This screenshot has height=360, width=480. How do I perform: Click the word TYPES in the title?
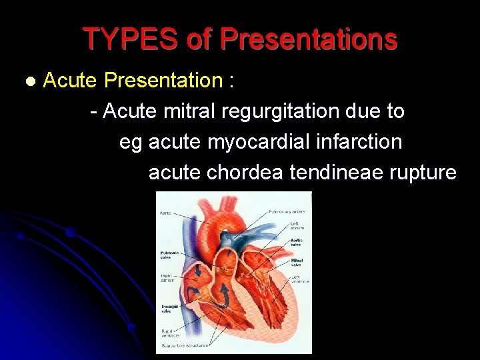coord(130,39)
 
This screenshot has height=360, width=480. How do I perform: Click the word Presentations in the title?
coord(309,39)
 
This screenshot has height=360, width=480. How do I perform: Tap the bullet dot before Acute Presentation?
coord(29,81)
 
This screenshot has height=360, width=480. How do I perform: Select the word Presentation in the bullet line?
coord(163,81)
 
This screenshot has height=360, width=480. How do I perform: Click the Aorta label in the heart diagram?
coord(166,213)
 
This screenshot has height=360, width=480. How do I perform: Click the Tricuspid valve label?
coord(169,309)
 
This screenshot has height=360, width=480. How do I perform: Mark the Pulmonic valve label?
coord(169,255)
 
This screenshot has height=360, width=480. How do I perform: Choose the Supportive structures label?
coord(185,345)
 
